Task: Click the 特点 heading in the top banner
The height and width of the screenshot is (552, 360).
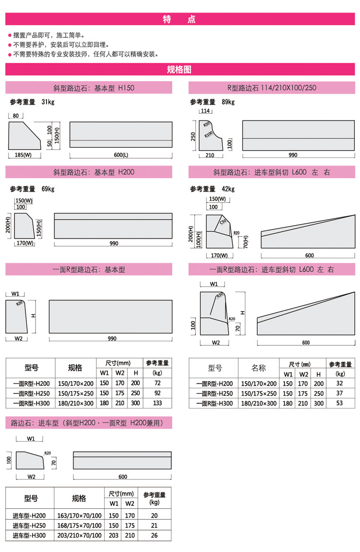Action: [179, 19]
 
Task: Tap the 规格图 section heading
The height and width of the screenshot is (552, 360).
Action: [179, 69]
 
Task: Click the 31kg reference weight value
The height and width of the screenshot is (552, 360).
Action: [48, 102]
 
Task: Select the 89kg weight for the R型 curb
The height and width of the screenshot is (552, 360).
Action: [228, 102]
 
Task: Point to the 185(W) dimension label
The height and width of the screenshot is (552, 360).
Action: [23, 155]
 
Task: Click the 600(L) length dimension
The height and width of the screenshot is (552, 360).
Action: [121, 155]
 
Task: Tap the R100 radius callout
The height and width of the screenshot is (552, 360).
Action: [208, 134]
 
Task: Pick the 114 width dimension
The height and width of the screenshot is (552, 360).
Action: [205, 111]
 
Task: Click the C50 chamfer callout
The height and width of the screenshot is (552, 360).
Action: [223, 221]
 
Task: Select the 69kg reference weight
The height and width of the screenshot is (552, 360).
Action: [48, 189]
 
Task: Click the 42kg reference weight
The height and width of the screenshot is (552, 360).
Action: [228, 189]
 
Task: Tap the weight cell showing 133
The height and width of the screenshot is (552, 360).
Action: [157, 403]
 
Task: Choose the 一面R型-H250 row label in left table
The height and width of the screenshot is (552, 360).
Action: [31, 393]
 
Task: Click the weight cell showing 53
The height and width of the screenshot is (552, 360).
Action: [339, 403]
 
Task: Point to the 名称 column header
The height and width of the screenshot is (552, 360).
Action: [259, 368]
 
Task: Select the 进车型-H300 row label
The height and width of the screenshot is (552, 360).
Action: [29, 536]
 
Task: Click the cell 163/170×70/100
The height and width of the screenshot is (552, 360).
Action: [79, 516]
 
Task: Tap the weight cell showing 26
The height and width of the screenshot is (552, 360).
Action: [154, 536]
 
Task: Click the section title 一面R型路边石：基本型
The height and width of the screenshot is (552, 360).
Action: [89, 270]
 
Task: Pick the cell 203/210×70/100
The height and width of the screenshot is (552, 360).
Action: [79, 536]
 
